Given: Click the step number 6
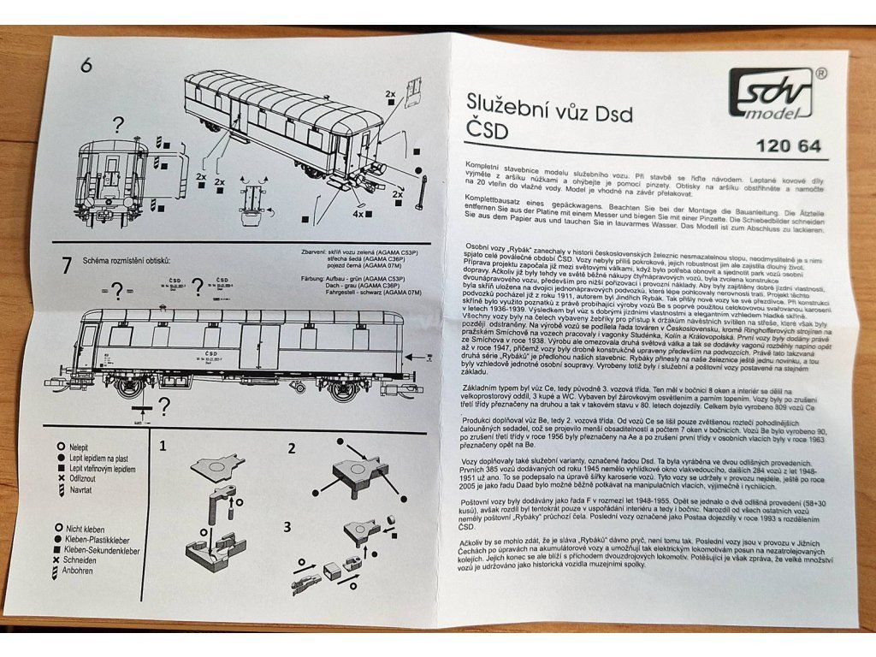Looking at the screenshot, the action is pyautogui.click(x=86, y=66).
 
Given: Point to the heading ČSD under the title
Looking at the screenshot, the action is pyautogui.click(x=488, y=131).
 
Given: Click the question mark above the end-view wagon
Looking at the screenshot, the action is pyautogui.click(x=117, y=125).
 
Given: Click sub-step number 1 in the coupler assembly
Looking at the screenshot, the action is pyautogui.click(x=163, y=446).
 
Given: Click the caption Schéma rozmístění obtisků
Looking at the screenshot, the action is pyautogui.click(x=127, y=260).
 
